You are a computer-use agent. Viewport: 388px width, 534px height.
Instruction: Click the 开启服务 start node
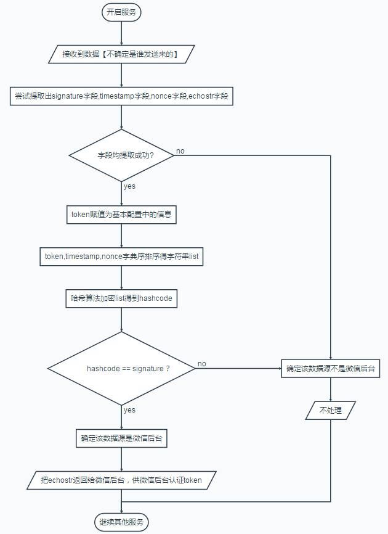tap(121, 12)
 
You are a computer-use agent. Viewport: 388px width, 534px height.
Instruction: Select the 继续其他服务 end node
tap(121, 522)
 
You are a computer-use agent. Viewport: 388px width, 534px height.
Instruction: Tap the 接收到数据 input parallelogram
tap(121, 54)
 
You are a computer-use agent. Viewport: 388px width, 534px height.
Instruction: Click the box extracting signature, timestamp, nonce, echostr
tap(121, 96)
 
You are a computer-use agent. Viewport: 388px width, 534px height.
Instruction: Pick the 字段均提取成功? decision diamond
tap(121, 155)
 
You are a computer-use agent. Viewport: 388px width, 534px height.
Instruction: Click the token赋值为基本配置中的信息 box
tap(121, 215)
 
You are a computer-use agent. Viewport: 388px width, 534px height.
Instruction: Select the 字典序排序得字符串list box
tap(121, 256)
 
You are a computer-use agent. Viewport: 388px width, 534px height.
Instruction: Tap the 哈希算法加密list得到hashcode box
tap(121, 298)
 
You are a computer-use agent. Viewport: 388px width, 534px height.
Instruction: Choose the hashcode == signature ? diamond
tap(121, 368)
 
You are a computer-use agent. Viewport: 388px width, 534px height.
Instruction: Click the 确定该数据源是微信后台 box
tap(121, 439)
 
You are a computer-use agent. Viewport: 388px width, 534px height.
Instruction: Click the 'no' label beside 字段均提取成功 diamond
tap(180, 151)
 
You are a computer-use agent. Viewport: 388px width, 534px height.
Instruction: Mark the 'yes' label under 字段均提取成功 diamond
tap(129, 186)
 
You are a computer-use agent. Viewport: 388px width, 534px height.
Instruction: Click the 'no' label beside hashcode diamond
tap(201, 364)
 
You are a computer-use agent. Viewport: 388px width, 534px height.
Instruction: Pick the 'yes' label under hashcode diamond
tap(129, 409)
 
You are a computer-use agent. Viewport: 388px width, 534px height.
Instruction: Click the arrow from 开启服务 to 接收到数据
tap(121, 33)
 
